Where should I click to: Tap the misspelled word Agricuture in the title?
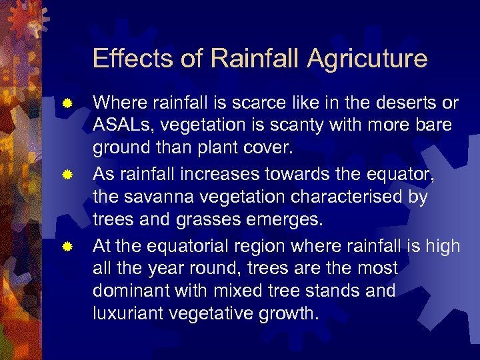tap(367, 59)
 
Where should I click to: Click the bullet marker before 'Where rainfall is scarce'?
tap(67, 104)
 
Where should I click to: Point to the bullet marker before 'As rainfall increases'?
tap(67, 175)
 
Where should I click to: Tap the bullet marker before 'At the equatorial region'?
tap(67, 247)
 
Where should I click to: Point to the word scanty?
tap(313, 125)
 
